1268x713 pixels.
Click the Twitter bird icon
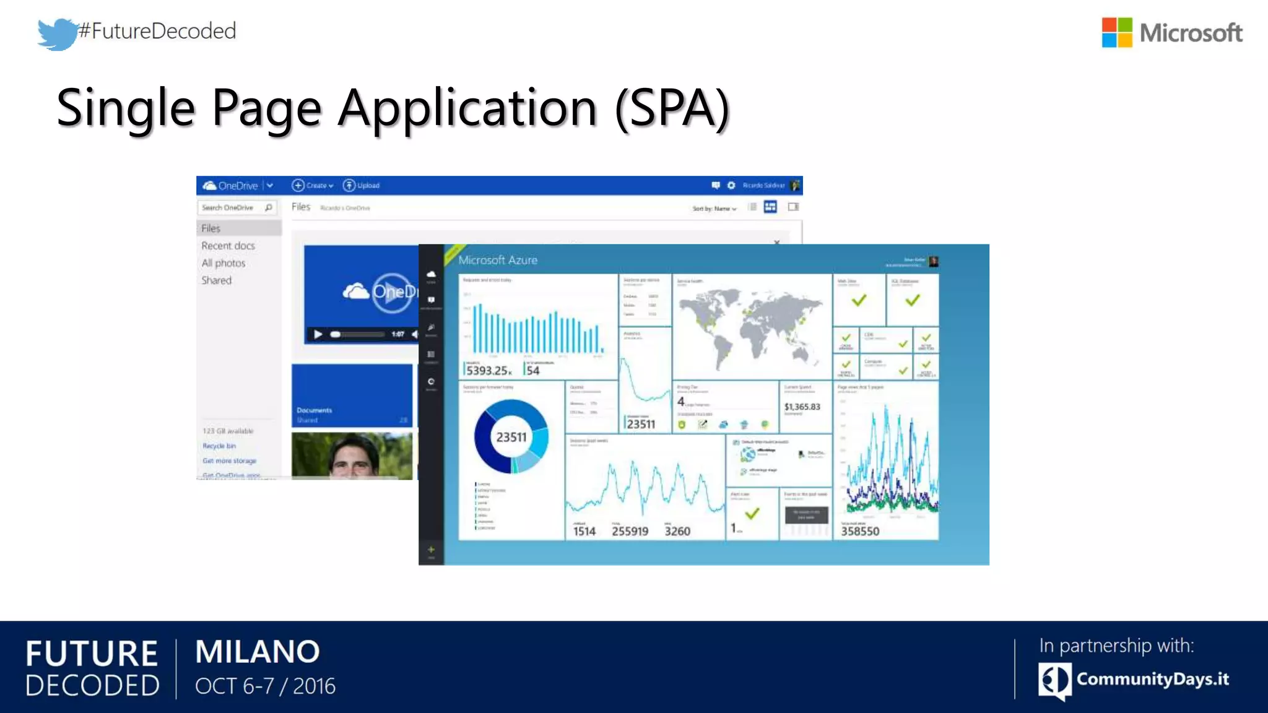point(57,33)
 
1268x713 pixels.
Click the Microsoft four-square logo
point(1116,32)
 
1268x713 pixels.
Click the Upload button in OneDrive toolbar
point(362,186)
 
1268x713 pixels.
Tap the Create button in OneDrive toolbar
point(313,186)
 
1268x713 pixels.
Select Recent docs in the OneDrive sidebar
point(228,246)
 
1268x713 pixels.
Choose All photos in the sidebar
point(223,263)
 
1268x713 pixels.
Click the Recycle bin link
point(219,446)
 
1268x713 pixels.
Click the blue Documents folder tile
point(352,395)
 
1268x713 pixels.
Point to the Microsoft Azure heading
point(498,261)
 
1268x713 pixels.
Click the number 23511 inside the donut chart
point(511,437)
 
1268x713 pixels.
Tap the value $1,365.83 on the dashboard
point(802,407)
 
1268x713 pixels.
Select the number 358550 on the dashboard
point(860,531)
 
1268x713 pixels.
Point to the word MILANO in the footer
point(258,652)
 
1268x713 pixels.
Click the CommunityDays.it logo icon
point(1054,680)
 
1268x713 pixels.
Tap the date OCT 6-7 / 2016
point(265,686)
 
